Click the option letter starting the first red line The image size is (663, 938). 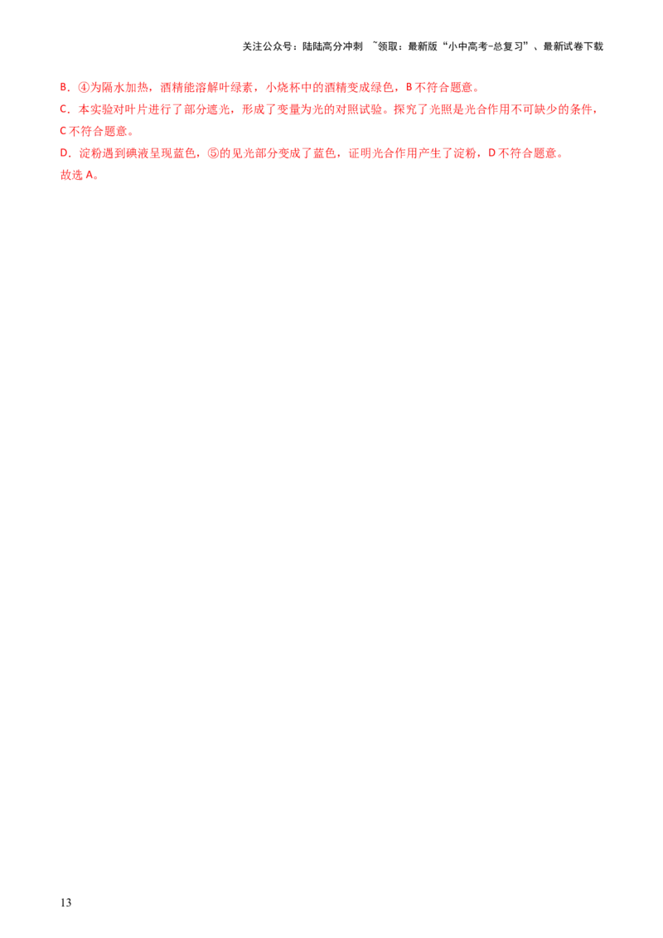tap(63, 87)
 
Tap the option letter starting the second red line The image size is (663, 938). tap(63, 109)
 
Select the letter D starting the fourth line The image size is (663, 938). tap(63, 153)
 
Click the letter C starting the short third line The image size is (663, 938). tap(63, 132)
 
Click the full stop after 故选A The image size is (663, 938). tap(97, 178)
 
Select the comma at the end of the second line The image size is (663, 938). tap(596, 111)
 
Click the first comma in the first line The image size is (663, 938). tap(155, 89)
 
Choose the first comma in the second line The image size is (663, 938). tap(233, 111)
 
